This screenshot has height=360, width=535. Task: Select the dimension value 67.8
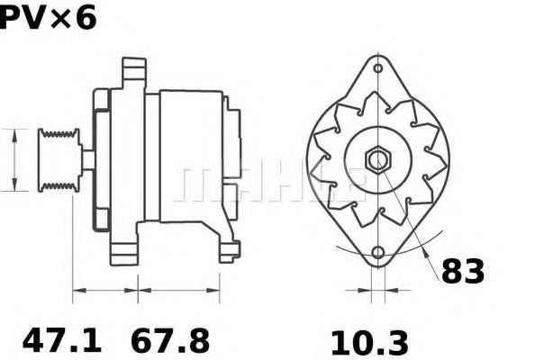coord(171,340)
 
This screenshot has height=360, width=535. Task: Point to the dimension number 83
coord(462,272)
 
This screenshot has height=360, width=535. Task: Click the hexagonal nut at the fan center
coord(376,159)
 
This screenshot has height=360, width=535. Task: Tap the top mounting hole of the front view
coord(376,67)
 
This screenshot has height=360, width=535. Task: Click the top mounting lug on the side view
coord(133,69)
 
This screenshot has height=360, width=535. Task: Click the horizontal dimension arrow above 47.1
coord(104,290)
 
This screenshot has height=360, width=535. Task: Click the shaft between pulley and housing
coord(87,159)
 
